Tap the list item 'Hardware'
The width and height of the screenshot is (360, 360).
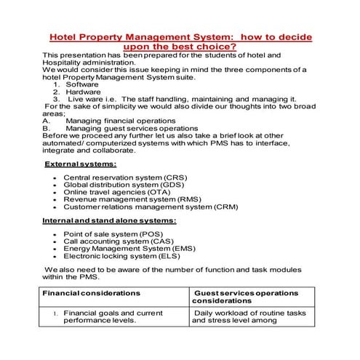pos(84,92)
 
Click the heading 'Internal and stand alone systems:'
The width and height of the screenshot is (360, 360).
pos(108,220)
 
